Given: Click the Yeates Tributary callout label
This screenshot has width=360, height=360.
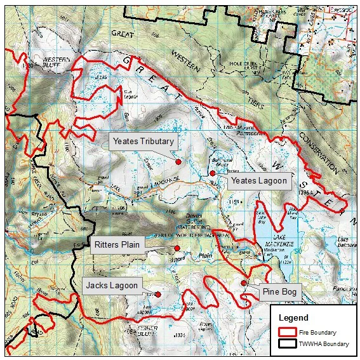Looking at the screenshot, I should click(143, 141).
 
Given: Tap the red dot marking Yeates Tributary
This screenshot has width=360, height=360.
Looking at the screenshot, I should click(178, 162).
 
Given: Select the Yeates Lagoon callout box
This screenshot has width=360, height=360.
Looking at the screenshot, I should click(258, 181).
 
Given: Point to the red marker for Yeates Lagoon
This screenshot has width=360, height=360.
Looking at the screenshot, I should click(211, 173).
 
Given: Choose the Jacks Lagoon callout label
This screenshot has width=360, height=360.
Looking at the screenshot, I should click(111, 286).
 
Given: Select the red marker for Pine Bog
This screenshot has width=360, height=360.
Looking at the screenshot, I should click(244, 283).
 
